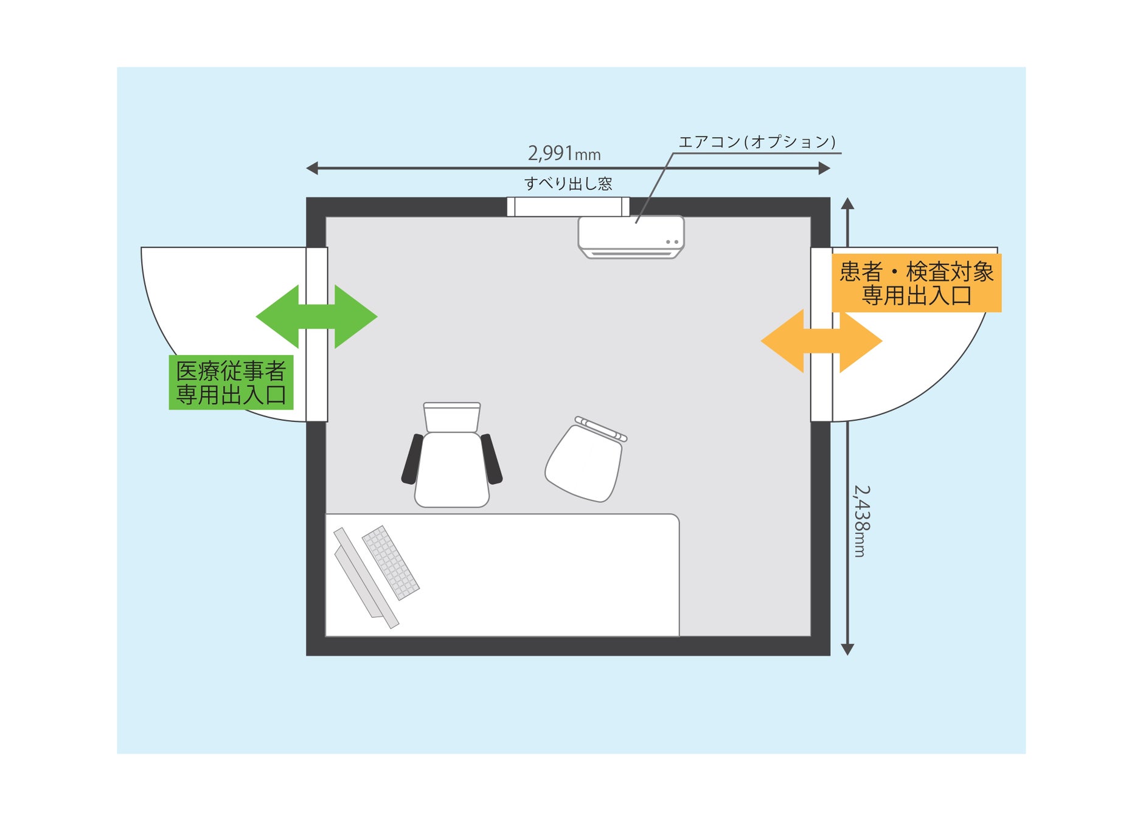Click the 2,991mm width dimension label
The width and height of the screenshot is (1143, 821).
564,153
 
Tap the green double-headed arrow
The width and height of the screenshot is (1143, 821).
316,316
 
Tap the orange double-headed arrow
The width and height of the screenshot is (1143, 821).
821,341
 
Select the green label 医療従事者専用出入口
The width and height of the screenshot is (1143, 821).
231,383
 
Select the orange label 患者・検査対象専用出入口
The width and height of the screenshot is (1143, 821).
916,283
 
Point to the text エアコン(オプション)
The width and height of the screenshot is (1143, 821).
757,142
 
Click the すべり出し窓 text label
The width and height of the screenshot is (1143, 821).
568,184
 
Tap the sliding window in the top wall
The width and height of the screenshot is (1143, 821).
568,207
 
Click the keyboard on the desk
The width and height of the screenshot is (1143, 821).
391,563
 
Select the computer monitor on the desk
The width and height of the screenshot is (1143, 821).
365,578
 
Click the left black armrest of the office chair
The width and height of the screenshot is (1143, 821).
412,459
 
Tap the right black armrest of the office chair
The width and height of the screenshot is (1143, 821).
492,459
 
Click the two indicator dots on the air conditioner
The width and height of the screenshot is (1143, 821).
672,242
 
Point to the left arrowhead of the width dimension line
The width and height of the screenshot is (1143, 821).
312,168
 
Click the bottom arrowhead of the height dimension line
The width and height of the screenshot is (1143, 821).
847,650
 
